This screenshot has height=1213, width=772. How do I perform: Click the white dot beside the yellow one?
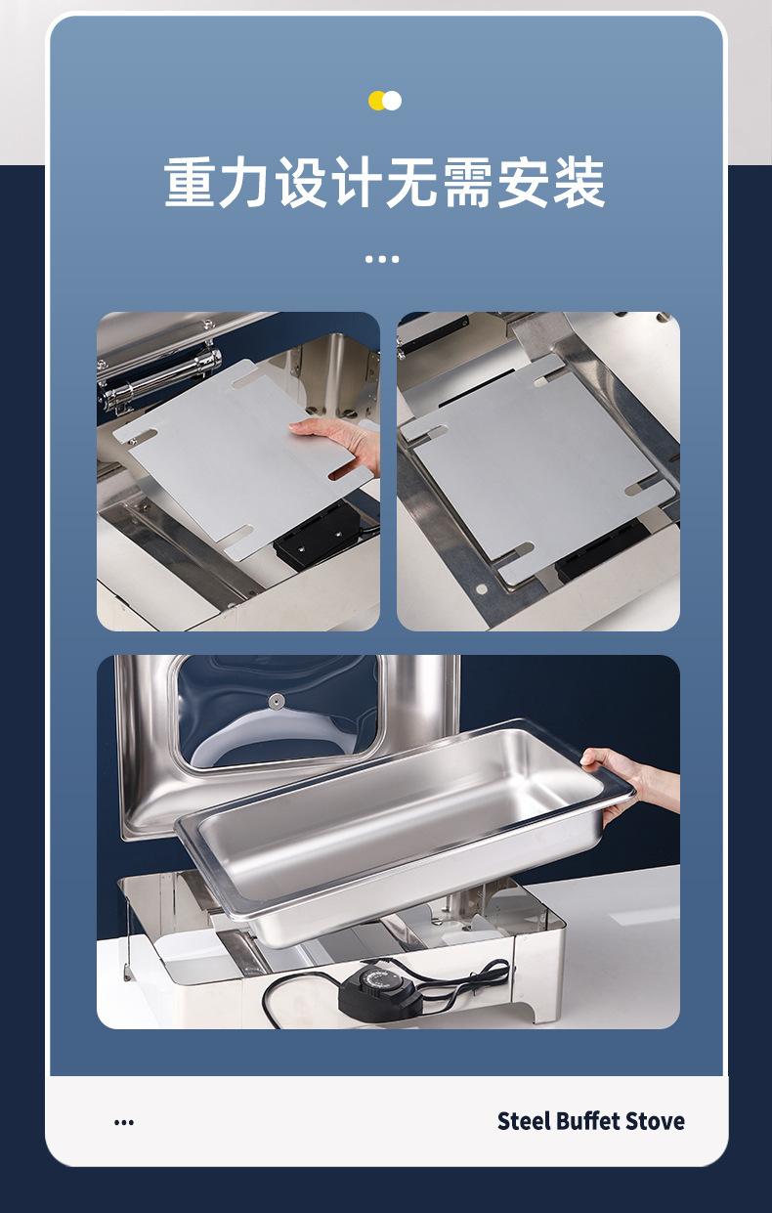392,101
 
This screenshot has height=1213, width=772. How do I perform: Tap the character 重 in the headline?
191,182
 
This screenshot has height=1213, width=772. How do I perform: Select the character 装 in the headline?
579,182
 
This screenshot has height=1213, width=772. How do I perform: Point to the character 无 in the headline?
412,182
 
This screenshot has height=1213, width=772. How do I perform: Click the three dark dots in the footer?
124,1122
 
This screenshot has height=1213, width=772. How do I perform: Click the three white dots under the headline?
382,259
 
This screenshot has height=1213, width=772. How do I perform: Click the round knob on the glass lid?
278,702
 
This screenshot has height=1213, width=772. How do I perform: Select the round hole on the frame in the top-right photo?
481,588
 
